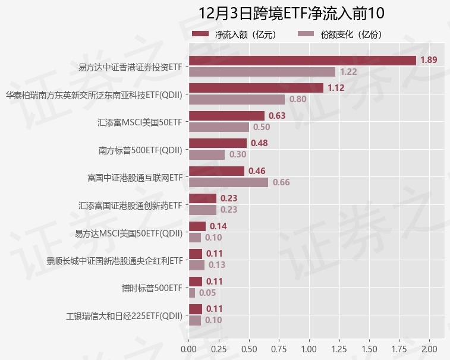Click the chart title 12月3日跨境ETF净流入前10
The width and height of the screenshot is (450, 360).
pos(292,13)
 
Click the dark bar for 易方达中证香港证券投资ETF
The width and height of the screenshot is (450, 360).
pos(302,61)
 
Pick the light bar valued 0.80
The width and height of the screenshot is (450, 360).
pos(237,99)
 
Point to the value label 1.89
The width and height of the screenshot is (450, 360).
pos(429,60)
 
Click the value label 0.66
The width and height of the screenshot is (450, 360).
pos(281,182)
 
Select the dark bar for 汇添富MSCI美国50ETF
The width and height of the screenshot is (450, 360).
pos(226,116)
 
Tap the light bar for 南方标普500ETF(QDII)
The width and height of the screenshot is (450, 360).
pos(206,154)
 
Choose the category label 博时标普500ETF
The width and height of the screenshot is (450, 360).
pos(152,288)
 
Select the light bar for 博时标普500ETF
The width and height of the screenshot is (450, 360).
pos(191,293)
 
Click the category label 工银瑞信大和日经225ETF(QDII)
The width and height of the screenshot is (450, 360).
pos(124,315)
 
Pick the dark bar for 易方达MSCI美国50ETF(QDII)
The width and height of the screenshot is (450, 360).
pos(197,226)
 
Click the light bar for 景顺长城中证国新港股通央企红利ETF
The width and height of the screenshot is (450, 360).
pos(196,265)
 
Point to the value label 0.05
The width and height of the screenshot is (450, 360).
pos(207,293)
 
